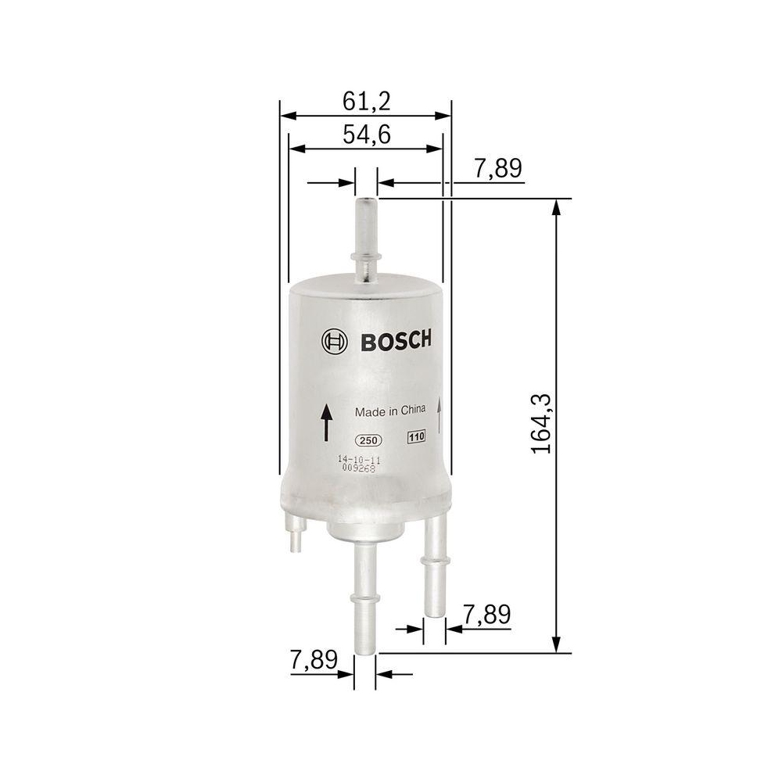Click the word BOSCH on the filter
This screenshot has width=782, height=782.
395,341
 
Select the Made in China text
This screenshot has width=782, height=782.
390,411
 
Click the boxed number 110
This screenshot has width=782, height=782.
414,438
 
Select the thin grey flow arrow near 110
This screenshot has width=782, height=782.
440,414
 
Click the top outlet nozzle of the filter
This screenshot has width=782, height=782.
366,235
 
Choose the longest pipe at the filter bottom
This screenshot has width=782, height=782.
364,594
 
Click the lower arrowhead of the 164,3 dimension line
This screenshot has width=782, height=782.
557,644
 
